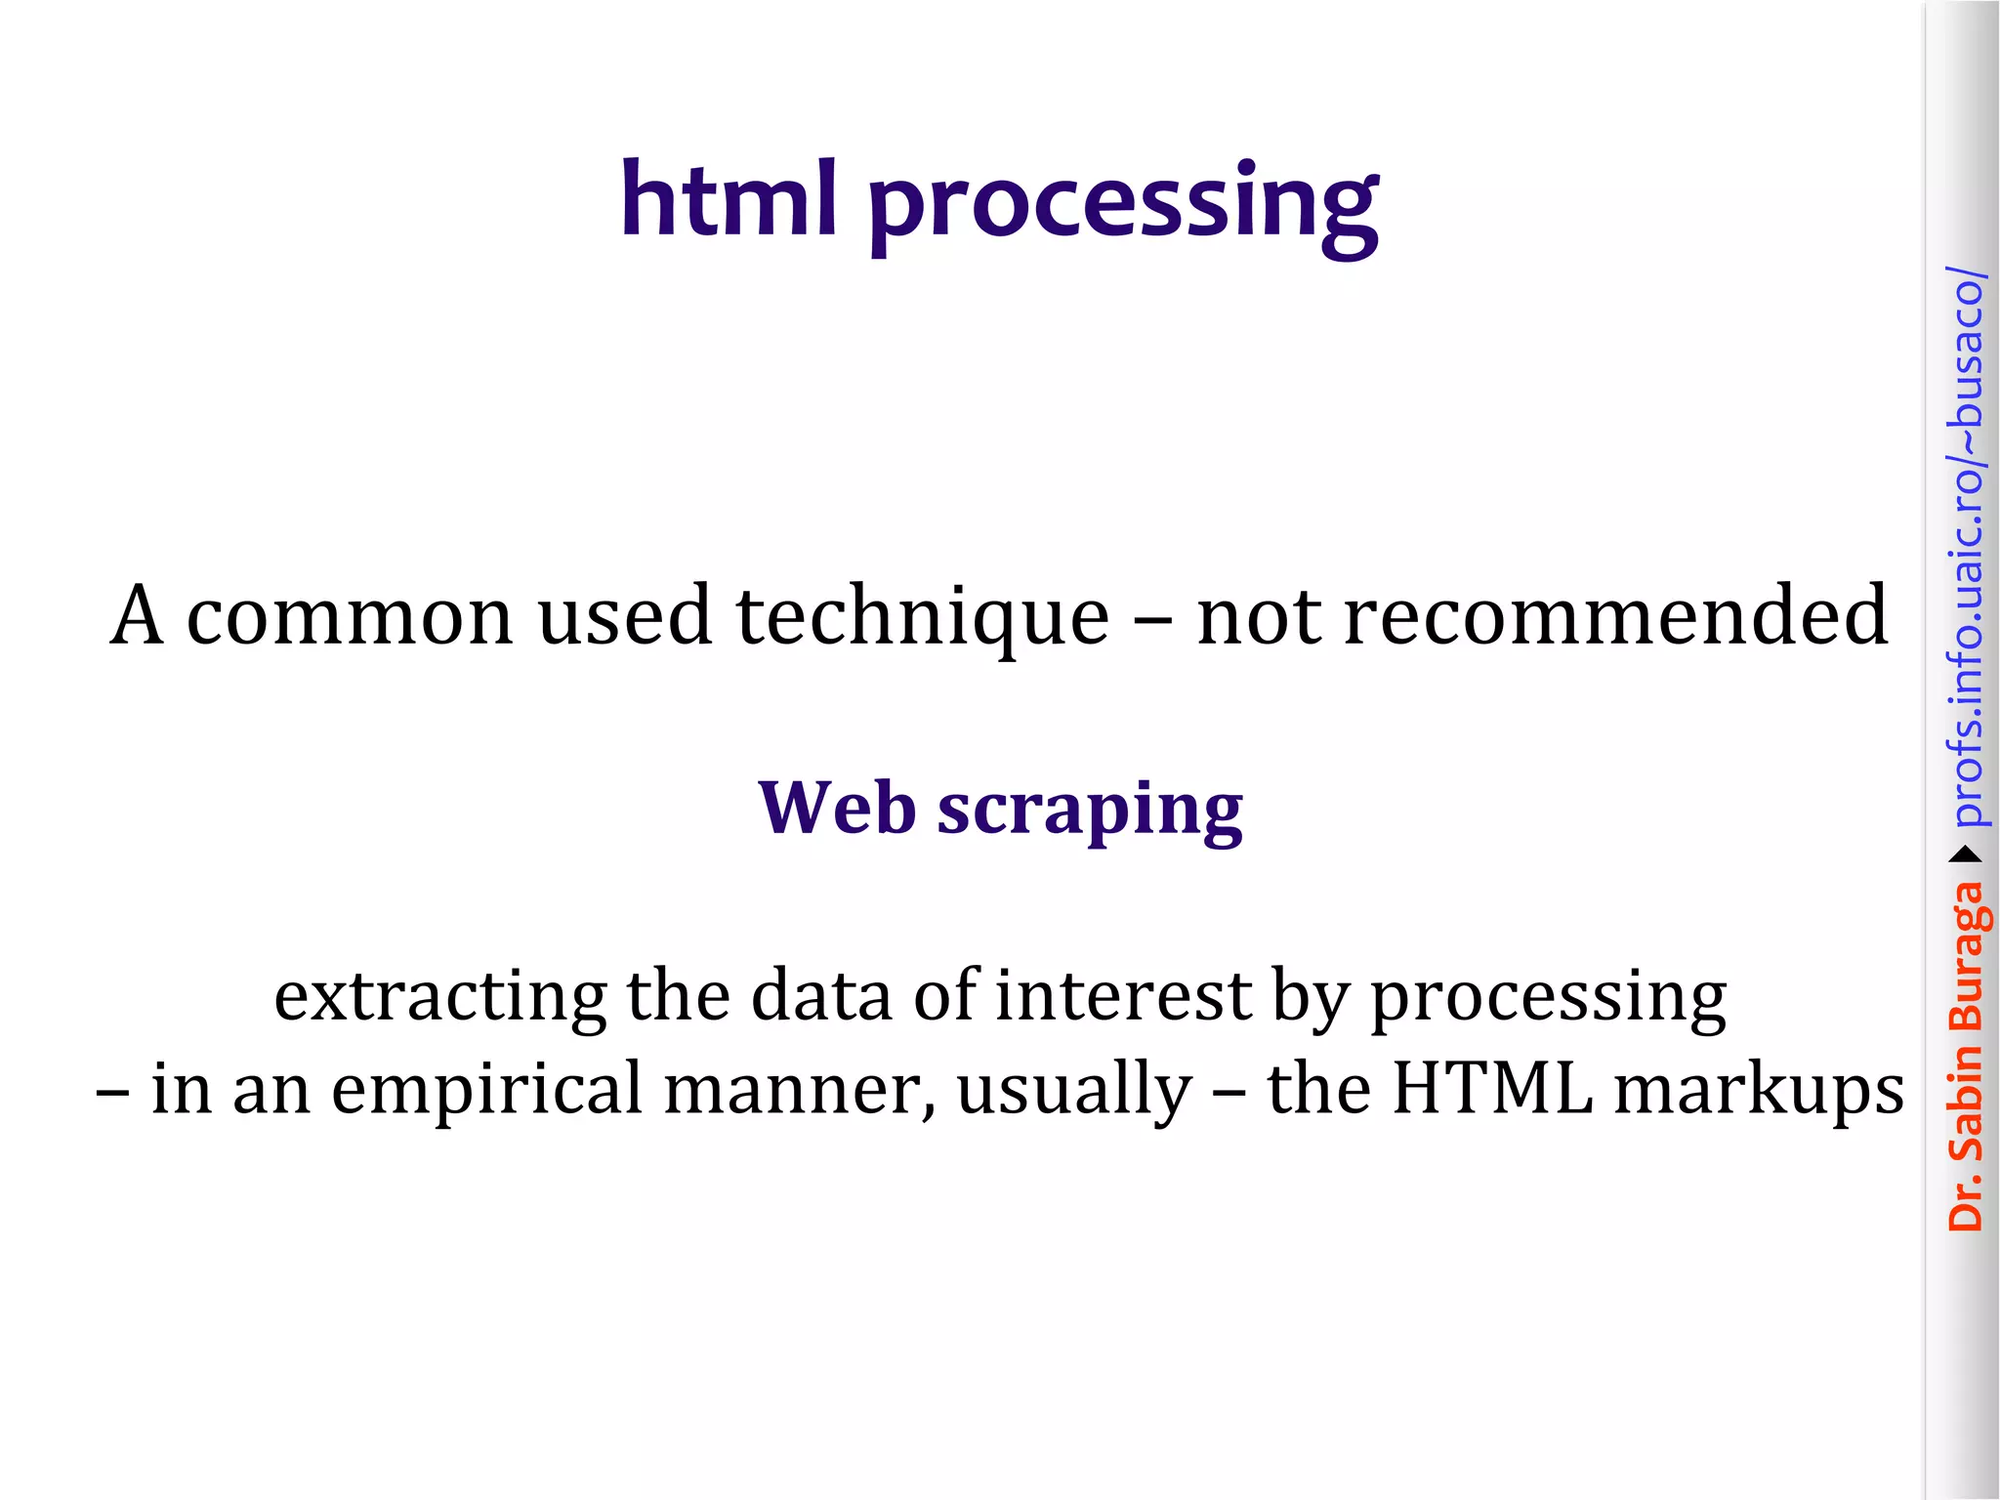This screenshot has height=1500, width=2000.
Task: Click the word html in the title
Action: (x=729, y=199)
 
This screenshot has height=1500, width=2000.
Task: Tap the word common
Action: (x=349, y=617)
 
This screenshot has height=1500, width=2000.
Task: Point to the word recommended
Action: (x=1615, y=616)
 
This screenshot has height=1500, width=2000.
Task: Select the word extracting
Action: (x=439, y=997)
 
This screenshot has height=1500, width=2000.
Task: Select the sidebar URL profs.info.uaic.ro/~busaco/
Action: (x=1966, y=547)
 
